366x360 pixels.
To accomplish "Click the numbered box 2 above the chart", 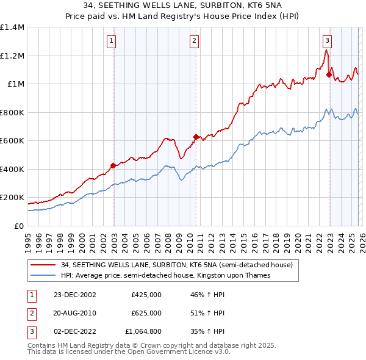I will click(194, 41).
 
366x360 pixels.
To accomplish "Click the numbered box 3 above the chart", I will click(327, 41).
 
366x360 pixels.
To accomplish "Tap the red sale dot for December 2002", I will click(113, 165).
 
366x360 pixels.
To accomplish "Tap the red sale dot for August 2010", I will click(196, 137).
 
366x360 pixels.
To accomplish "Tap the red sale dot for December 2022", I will click(329, 75).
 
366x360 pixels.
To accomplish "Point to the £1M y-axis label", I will click(16, 84).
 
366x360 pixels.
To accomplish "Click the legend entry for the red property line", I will click(177, 265).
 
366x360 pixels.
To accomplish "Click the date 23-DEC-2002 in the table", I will click(74, 294).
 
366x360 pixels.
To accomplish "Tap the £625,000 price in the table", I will click(146, 313).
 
